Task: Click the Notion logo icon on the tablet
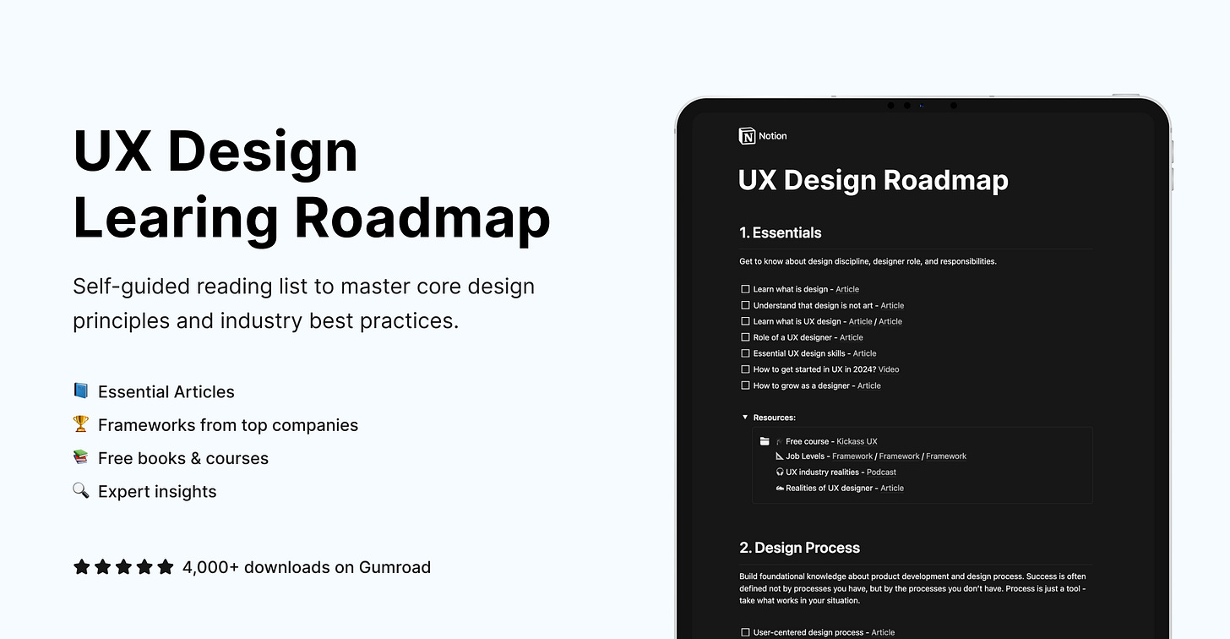pyautogui.click(x=747, y=136)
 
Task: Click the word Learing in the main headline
pyautogui.click(x=176, y=218)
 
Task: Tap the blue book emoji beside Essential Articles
pyautogui.click(x=81, y=390)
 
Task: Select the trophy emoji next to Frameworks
pyautogui.click(x=81, y=424)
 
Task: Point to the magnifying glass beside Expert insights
pyautogui.click(x=81, y=490)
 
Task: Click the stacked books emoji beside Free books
pyautogui.click(x=81, y=457)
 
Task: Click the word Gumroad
pyautogui.click(x=395, y=567)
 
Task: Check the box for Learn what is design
pyautogui.click(x=745, y=289)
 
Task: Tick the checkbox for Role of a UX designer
pyautogui.click(x=745, y=337)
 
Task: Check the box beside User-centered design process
pyautogui.click(x=745, y=632)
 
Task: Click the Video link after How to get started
pyautogui.click(x=889, y=369)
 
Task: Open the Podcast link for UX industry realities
pyautogui.click(x=881, y=472)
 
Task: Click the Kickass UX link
pyautogui.click(x=857, y=441)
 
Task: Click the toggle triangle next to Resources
pyautogui.click(x=745, y=418)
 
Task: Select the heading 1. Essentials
pyautogui.click(x=780, y=232)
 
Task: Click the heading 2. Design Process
pyautogui.click(x=799, y=548)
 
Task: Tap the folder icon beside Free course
pyautogui.click(x=765, y=441)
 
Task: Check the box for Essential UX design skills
pyautogui.click(x=745, y=353)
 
